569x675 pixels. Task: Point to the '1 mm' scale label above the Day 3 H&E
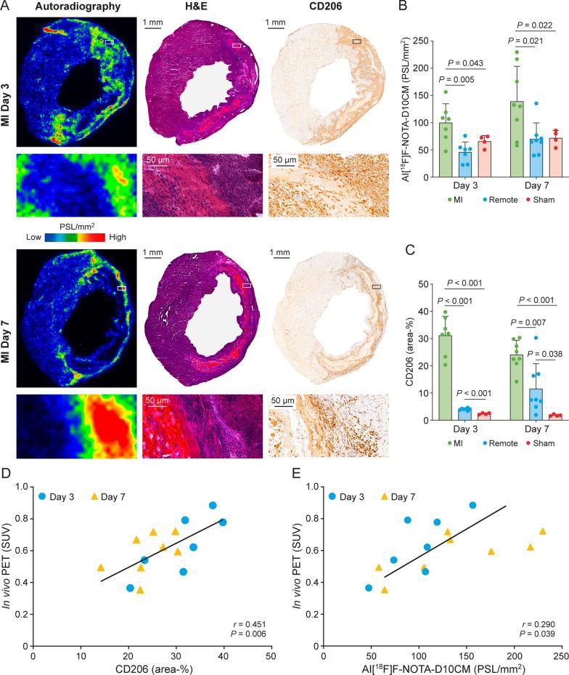point(154,23)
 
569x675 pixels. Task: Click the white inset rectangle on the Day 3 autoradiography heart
point(108,43)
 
